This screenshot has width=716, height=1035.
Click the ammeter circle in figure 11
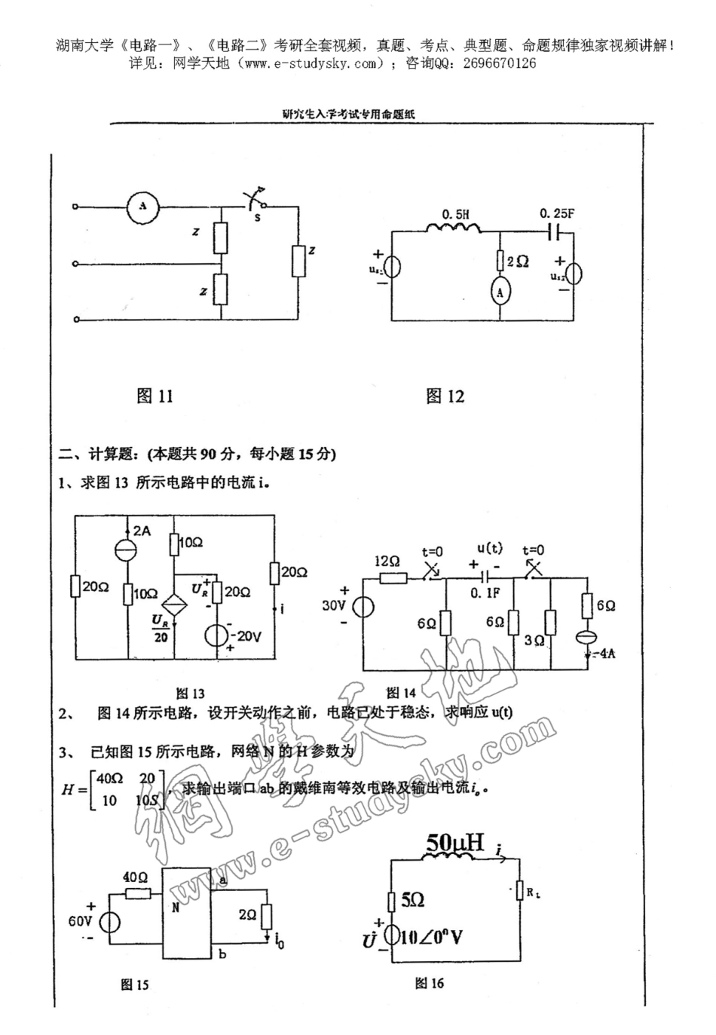click(142, 205)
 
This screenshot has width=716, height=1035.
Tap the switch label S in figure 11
click(258, 217)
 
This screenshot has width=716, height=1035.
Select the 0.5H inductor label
click(456, 214)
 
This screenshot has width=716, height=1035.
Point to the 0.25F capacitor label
click(557, 213)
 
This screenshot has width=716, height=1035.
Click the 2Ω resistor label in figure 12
click(518, 261)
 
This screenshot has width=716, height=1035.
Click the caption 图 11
click(155, 396)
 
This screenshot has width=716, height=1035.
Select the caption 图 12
click(445, 396)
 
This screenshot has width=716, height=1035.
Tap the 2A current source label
click(142, 531)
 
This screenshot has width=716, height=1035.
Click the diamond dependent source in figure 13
click(174, 606)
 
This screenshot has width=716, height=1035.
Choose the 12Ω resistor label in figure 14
click(387, 562)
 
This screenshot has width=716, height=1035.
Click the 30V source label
click(333, 605)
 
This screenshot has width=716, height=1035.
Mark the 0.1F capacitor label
click(485, 593)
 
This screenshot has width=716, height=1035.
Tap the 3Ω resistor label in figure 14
click(534, 640)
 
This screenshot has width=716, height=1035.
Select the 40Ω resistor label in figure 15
click(135, 877)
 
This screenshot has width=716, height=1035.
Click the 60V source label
click(80, 921)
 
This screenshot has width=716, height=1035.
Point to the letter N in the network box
click(176, 908)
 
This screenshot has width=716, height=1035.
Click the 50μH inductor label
click(454, 842)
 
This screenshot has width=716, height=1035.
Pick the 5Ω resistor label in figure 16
click(412, 899)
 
